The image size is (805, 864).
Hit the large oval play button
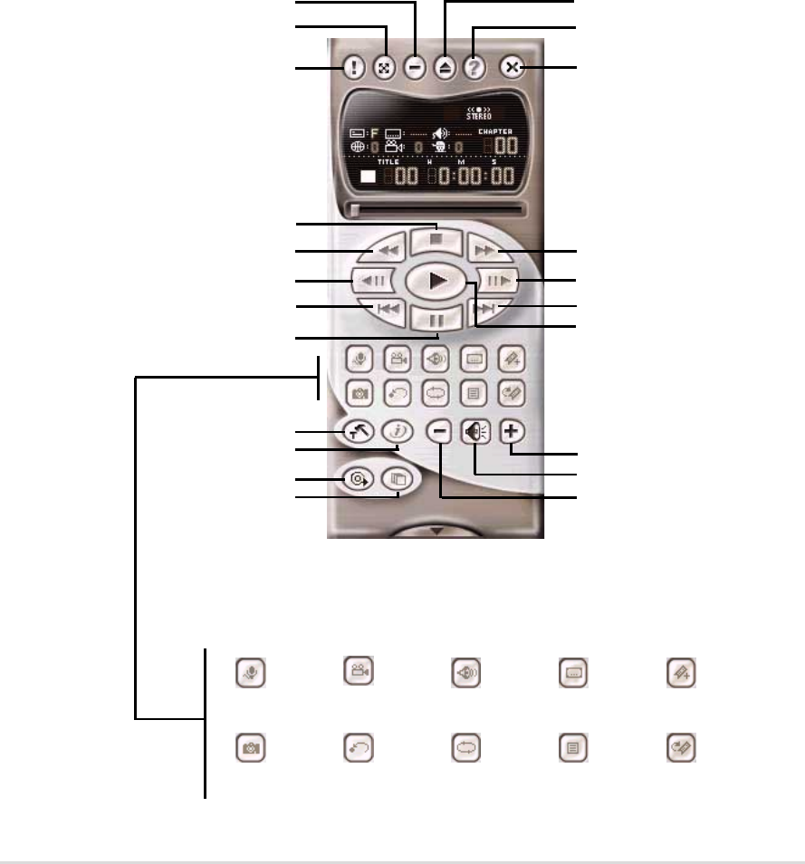point(436,281)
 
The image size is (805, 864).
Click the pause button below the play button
point(436,319)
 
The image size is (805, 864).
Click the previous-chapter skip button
point(387,309)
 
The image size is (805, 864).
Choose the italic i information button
point(396,432)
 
